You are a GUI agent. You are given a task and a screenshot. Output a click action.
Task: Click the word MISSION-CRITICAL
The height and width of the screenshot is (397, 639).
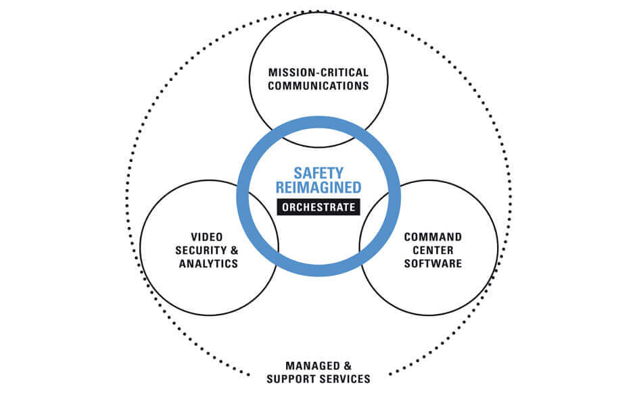click(x=318, y=72)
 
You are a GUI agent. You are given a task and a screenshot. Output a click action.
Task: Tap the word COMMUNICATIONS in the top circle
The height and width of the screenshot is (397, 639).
click(x=318, y=86)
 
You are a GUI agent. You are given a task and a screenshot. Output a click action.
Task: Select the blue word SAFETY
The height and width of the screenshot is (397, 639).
click(x=318, y=173)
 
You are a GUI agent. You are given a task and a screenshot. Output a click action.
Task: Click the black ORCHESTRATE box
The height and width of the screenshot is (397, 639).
click(x=318, y=207)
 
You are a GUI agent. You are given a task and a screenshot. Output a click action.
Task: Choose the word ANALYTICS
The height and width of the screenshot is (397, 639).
click(x=208, y=263)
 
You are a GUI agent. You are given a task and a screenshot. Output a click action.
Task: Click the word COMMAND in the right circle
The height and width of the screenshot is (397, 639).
click(x=433, y=237)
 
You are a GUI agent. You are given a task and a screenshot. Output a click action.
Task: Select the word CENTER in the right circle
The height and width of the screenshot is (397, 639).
click(x=433, y=250)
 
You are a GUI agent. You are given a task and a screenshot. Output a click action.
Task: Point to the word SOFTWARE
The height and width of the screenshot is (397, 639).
click(x=433, y=263)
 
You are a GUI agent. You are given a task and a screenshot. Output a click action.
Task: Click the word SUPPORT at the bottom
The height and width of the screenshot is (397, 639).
click(x=292, y=379)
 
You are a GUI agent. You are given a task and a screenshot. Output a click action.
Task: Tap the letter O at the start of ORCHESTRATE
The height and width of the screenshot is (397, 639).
click(x=283, y=207)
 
